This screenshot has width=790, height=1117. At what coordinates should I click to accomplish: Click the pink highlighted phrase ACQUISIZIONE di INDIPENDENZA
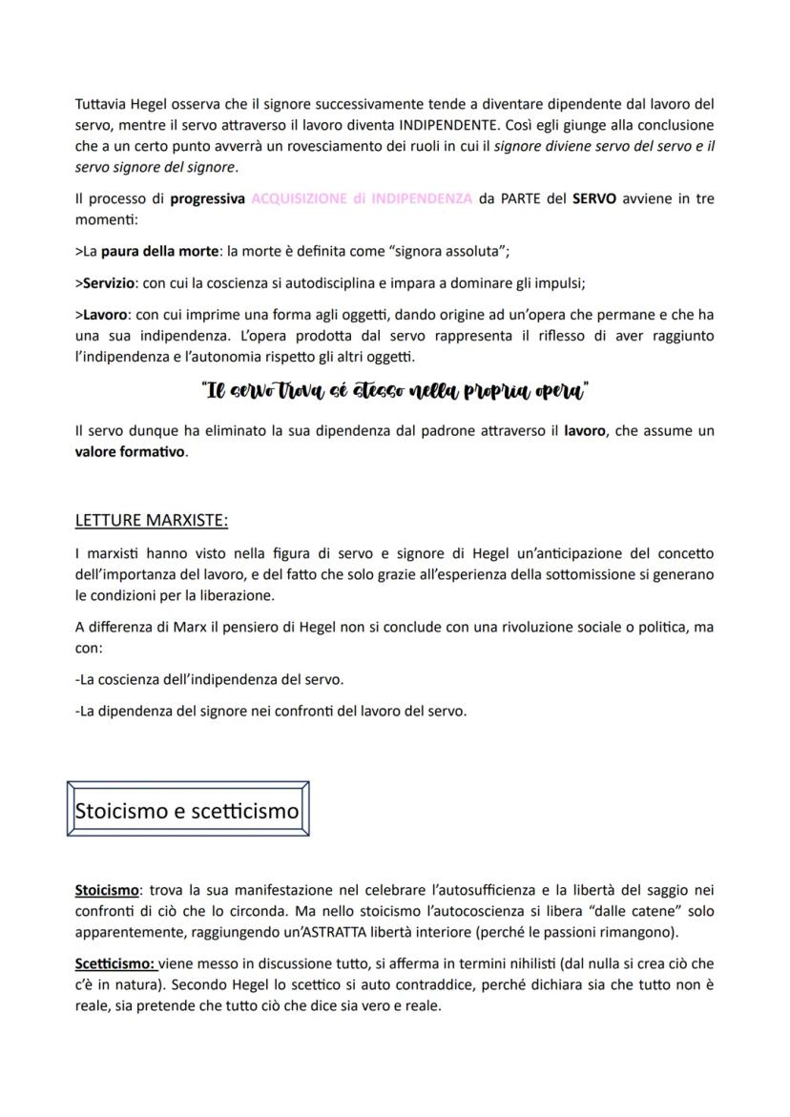362,198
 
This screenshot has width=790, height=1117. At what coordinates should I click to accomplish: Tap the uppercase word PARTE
519,198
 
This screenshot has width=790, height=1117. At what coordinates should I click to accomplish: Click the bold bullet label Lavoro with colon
106,316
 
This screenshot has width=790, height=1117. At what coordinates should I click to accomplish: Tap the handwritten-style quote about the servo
394,392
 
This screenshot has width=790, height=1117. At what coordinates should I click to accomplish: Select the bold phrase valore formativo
131,452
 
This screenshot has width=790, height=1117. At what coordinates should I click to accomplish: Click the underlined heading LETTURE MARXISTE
152,521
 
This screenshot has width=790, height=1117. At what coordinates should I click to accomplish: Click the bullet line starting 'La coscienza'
210,678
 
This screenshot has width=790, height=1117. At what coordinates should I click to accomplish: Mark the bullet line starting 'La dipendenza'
270,711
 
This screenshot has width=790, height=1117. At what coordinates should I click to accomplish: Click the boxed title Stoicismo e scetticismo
187,810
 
